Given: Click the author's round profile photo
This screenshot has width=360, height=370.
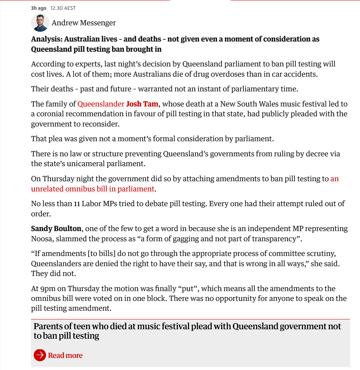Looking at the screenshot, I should [40, 23].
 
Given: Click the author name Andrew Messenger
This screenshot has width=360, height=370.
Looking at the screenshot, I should [84, 23].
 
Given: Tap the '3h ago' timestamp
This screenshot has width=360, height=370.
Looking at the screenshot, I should [38, 8].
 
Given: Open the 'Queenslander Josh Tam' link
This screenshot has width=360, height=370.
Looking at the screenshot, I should [118, 104].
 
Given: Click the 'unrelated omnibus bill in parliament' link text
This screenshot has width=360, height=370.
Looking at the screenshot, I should [93, 189].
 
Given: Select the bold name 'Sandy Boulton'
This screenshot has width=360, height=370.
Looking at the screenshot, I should [56, 228].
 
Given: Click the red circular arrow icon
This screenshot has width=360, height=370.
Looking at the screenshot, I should [40, 355].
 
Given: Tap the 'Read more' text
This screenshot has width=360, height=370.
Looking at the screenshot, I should [65, 355].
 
